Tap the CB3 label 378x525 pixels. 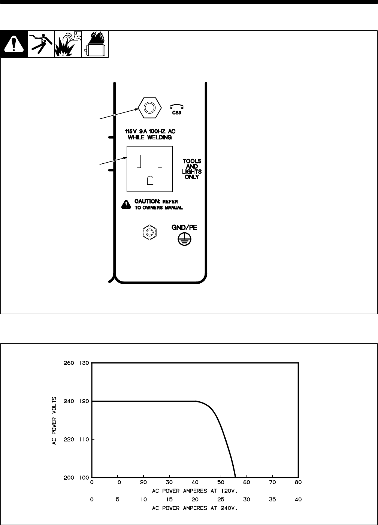[x=177, y=113]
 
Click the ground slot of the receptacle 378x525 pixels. [x=150, y=180]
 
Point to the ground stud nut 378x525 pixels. [x=149, y=233]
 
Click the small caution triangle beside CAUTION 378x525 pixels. [x=126, y=204]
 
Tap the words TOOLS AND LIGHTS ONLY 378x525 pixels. [x=192, y=169]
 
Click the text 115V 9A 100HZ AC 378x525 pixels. [x=150, y=132]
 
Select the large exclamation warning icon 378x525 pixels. [x=14, y=44]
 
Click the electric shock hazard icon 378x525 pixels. [x=41, y=44]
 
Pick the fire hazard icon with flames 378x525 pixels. [x=95, y=44]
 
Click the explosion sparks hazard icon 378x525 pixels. [x=68, y=44]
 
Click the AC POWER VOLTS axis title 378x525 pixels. [x=54, y=420]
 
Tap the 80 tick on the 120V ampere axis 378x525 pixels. [x=298, y=483]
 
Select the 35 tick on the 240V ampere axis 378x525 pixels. [x=272, y=500]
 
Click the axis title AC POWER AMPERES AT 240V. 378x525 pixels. [x=195, y=508]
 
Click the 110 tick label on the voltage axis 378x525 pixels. [x=83, y=439]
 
